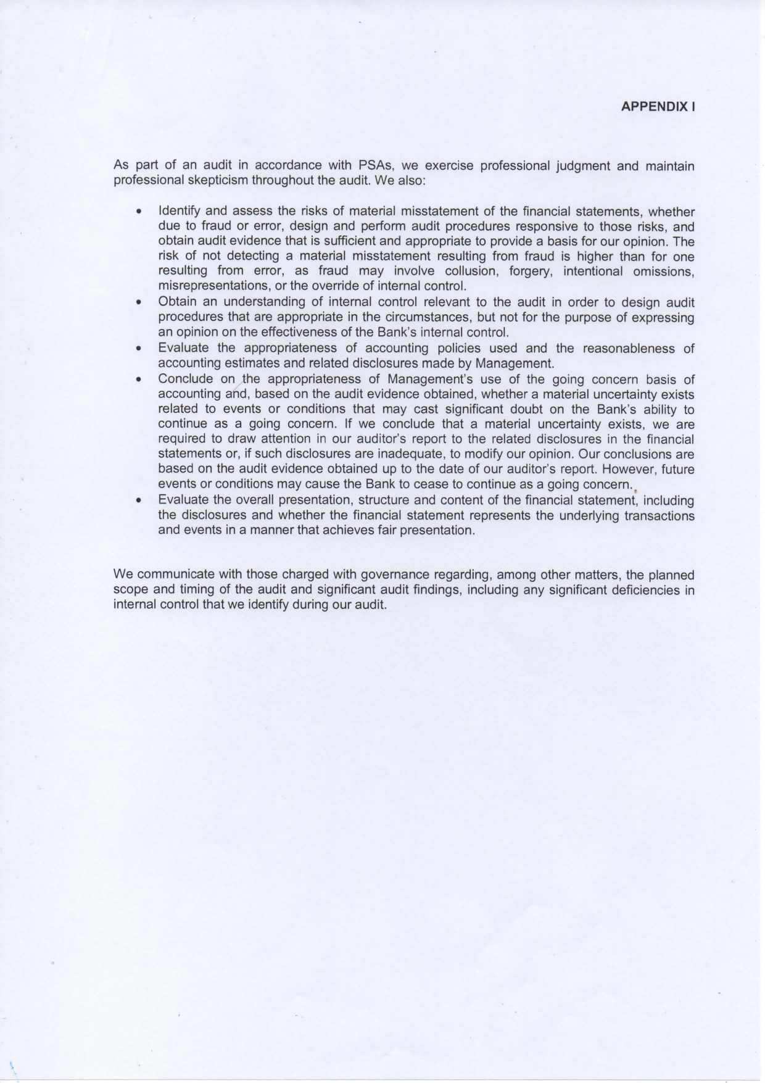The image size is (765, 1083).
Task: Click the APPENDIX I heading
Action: (x=658, y=106)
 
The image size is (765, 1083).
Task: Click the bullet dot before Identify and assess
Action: (x=141, y=212)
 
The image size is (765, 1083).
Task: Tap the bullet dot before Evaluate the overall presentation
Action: (x=141, y=500)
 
